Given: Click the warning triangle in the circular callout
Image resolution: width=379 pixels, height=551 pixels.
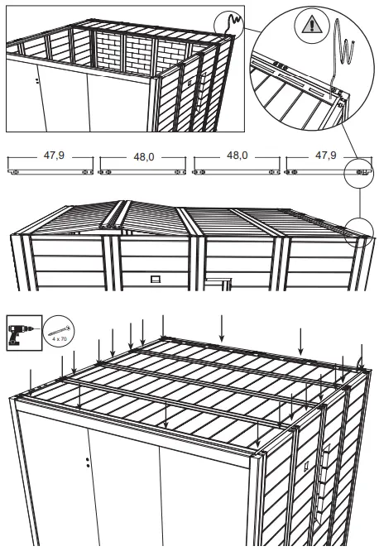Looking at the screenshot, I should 311,26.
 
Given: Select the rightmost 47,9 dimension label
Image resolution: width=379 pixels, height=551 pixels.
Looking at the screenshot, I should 324,156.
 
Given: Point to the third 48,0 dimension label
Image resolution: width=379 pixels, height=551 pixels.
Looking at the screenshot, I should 237,156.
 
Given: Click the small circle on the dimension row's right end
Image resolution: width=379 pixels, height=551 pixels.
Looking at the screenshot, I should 357,171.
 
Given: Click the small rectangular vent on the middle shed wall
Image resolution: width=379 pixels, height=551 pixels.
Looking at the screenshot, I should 156,280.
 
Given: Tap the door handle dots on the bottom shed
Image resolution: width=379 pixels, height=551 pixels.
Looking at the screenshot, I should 88,462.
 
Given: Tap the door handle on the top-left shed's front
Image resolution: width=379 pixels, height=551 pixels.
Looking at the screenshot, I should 38,81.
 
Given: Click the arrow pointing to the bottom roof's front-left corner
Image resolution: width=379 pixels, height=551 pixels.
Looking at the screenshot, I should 31,381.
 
